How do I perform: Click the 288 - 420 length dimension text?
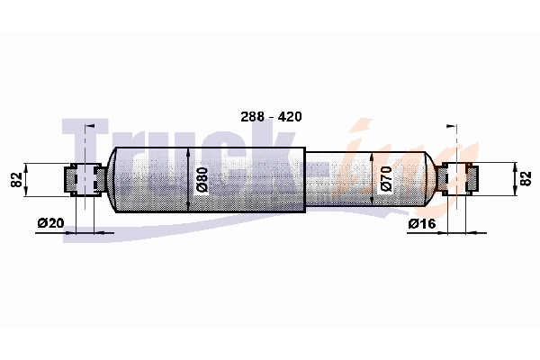[x=271, y=117]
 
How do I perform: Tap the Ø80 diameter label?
[x=202, y=179]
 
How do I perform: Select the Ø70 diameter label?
[x=386, y=179]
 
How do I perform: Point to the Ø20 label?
[x=50, y=223]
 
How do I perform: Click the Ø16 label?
[x=422, y=223]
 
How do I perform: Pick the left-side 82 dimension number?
[x=16, y=179]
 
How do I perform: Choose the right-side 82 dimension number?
[x=526, y=179]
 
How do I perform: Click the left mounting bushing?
[x=85, y=180]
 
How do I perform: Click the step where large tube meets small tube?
[x=305, y=180]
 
